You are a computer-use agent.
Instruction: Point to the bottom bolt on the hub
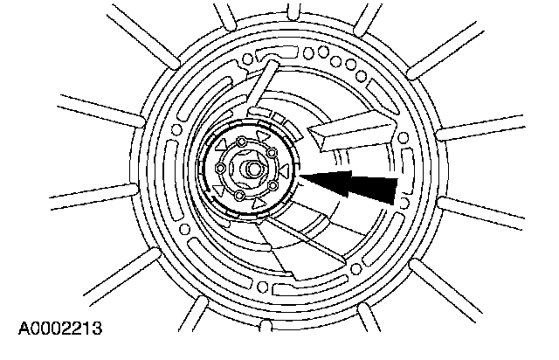239,197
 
